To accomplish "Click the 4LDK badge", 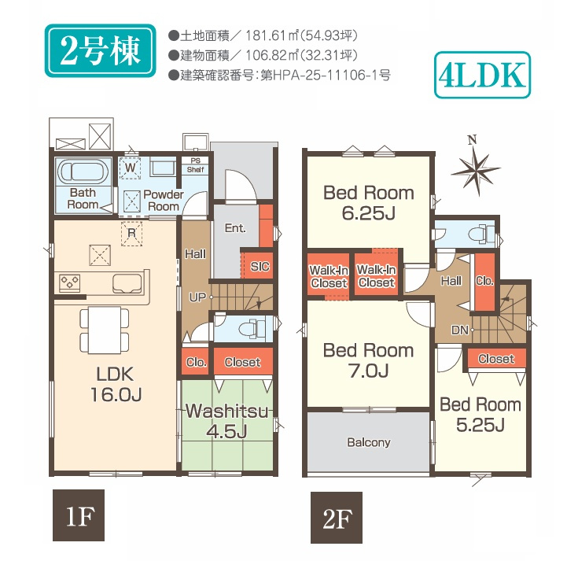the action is tap(482, 75).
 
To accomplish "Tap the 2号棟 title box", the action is tap(101, 50).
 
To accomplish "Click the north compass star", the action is tap(476, 170).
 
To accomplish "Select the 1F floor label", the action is tap(79, 515).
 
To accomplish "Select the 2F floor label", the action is tap(337, 518).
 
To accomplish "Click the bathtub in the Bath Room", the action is tap(83, 172).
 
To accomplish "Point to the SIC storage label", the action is tap(260, 266).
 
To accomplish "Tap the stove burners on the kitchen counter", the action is tap(70, 283).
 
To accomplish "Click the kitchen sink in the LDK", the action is tap(127, 283).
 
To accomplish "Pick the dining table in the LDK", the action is tap(105, 330).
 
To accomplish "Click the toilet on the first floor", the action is tap(252, 327).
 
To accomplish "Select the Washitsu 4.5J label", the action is tap(226, 421).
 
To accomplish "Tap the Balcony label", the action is tap(369, 442).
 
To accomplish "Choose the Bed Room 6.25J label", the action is tap(369, 203).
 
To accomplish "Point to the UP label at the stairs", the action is tap(197, 297).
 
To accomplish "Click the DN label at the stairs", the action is tap(460, 330).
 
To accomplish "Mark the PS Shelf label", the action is tap(195, 165).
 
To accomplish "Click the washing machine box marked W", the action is tap(130, 168).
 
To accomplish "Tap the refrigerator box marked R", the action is tap(131, 233).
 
